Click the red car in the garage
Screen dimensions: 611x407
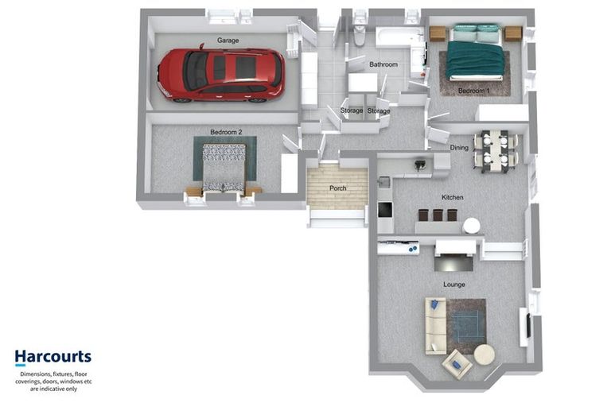pos(220,75)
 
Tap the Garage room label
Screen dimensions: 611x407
pos(228,40)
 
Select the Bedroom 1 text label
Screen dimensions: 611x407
pos(473,91)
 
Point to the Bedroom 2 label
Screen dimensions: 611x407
pos(226,132)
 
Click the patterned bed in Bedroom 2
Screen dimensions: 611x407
pos(224,168)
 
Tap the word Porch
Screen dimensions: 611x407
pos(338,188)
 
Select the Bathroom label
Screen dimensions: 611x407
pos(383,64)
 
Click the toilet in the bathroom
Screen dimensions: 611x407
pos(360,33)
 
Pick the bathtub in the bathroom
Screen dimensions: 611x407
pos(399,37)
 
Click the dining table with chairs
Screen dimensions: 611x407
pos(496,151)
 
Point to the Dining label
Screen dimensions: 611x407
pos(459,148)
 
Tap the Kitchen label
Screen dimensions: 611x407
pos(453,197)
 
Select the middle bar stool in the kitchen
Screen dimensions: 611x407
pos(438,215)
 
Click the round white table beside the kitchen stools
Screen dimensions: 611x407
pos(472,226)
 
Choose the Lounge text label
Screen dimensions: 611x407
pos(454,285)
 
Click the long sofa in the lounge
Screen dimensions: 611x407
pos(436,327)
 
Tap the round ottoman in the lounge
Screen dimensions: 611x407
pos(485,355)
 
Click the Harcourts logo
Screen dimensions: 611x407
pos(53,357)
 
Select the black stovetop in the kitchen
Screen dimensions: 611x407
pos(385,210)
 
